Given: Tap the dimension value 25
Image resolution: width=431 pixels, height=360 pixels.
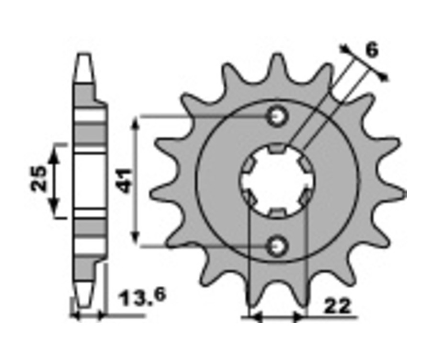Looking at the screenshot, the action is (x=38, y=178).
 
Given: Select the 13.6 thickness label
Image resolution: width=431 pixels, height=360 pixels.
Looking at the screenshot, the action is (x=142, y=297).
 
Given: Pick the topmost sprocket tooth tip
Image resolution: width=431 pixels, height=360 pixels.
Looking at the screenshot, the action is (x=277, y=56).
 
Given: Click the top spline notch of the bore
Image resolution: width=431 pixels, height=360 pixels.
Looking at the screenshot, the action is (x=277, y=148).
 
